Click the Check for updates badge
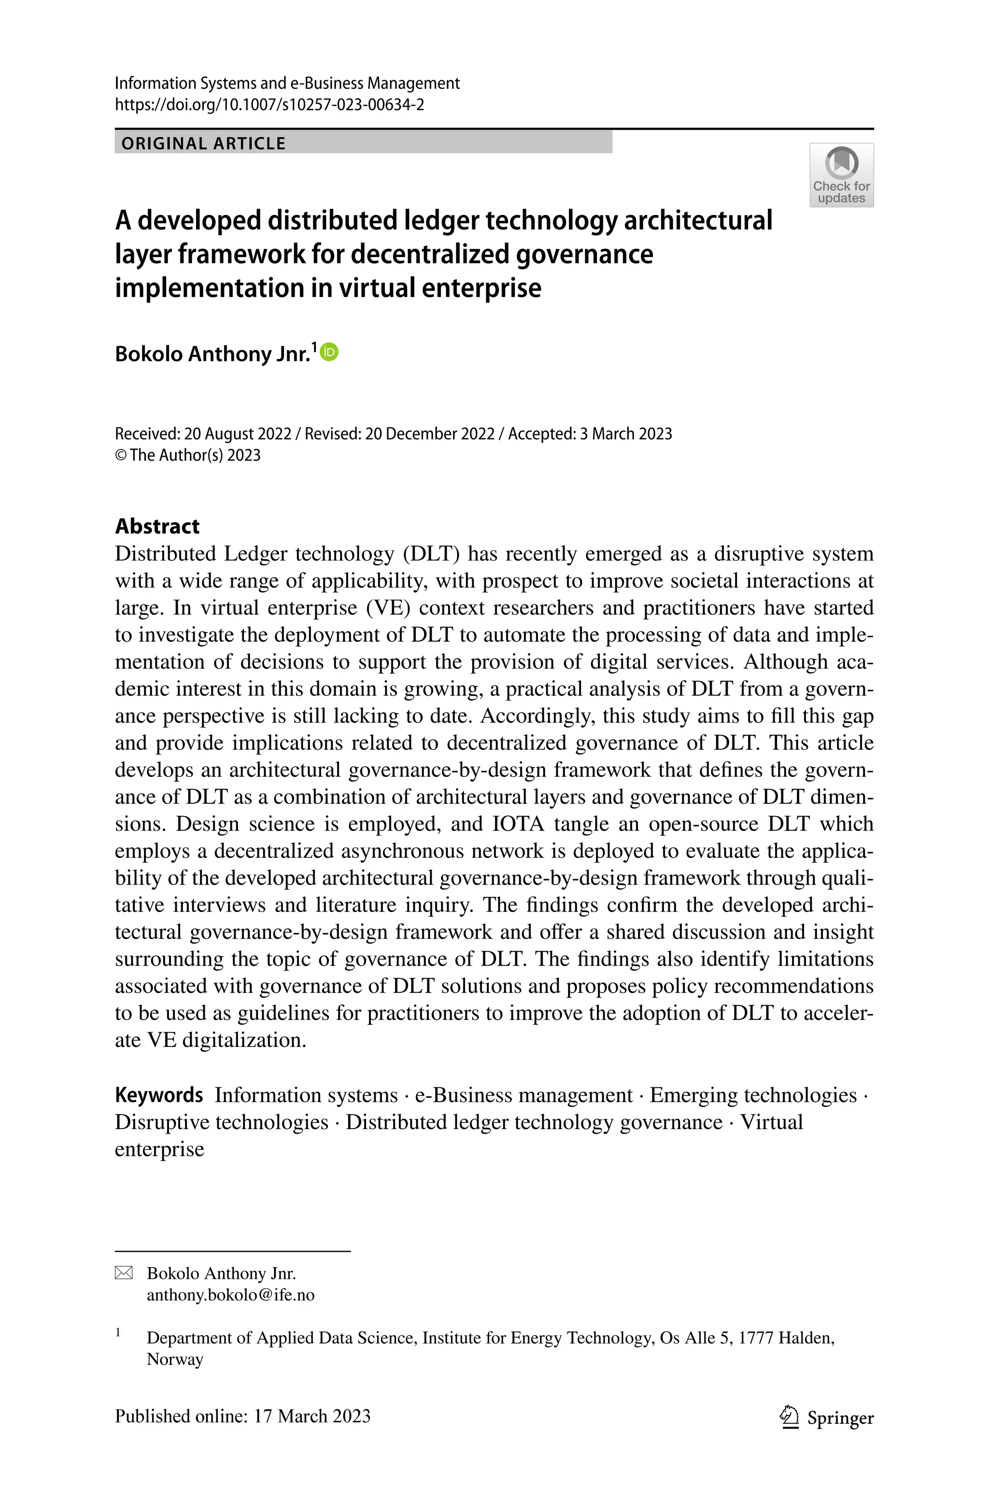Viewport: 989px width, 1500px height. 841,175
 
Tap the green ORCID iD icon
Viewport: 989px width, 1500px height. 329,352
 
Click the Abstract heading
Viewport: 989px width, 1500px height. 157,526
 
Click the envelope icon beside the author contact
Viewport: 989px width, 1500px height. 124,1273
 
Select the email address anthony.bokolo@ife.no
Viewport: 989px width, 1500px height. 230,1295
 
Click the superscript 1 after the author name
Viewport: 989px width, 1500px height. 315,346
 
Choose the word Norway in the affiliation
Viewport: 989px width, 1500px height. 175,1359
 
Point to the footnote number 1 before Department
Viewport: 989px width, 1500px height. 118,1332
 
